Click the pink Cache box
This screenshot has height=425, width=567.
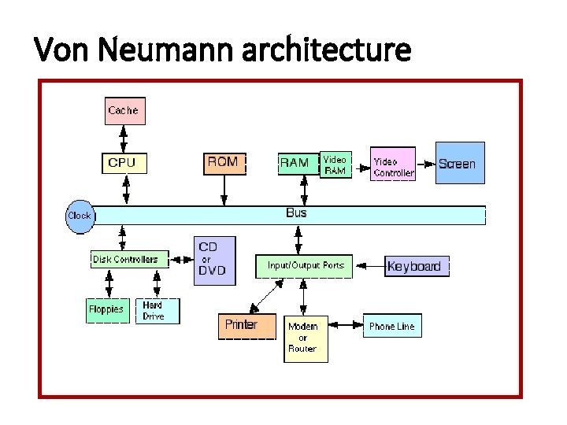point(122,110)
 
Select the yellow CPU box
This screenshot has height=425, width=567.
point(122,163)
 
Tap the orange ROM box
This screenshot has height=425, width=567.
point(224,163)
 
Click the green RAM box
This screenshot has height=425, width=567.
point(295,163)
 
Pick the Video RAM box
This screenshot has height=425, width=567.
point(335,164)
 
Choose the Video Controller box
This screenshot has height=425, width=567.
point(392,165)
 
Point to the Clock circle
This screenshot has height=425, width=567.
point(80,215)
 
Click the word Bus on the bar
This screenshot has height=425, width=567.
point(297,213)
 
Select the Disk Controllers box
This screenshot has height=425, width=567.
point(125,259)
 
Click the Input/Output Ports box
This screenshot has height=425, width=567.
point(305,266)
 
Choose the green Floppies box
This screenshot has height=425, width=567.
point(106,309)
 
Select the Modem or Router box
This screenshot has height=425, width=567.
point(306,338)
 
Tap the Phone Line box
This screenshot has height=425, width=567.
point(391,326)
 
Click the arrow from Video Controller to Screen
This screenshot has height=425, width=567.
point(426,164)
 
